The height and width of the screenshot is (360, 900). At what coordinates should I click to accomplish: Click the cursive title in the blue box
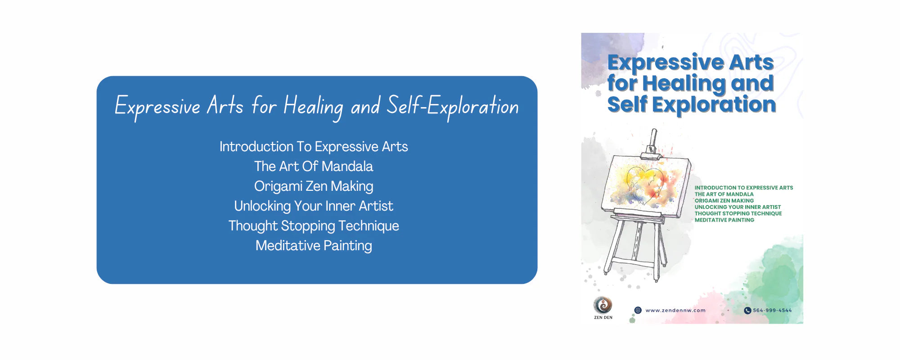(x=317, y=107)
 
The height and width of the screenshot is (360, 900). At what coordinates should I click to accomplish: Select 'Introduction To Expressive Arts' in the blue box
(x=314, y=147)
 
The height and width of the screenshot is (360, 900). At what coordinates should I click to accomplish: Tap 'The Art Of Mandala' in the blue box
(x=314, y=166)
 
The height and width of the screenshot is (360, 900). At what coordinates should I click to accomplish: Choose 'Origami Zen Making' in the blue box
(x=314, y=186)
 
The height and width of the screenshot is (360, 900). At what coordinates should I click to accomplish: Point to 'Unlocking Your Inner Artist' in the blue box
(x=314, y=206)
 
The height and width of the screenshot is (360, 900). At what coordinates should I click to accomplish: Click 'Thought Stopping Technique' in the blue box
(x=314, y=226)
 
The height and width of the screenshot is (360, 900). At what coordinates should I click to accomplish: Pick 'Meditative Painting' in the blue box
(x=314, y=246)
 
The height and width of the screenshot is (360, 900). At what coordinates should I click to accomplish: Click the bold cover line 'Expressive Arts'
(x=691, y=63)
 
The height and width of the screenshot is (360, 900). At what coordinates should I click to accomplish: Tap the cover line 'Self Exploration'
(x=692, y=104)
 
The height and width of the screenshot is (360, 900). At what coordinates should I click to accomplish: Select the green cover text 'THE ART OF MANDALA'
(x=724, y=194)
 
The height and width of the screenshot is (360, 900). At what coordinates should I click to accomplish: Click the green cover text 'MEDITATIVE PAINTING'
(x=724, y=220)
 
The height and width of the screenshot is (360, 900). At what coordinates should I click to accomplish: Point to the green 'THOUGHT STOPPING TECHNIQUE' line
(x=738, y=214)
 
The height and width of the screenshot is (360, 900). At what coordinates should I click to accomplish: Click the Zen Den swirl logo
(x=603, y=305)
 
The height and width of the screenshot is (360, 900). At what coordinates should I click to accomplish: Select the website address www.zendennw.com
(x=675, y=310)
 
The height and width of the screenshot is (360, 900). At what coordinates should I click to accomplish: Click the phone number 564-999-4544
(x=772, y=310)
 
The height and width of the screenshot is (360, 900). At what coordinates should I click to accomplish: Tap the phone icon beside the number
(x=747, y=310)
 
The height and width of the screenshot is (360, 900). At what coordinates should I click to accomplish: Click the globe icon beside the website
(x=638, y=310)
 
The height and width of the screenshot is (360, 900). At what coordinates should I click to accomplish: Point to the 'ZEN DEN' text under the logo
(x=603, y=318)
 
